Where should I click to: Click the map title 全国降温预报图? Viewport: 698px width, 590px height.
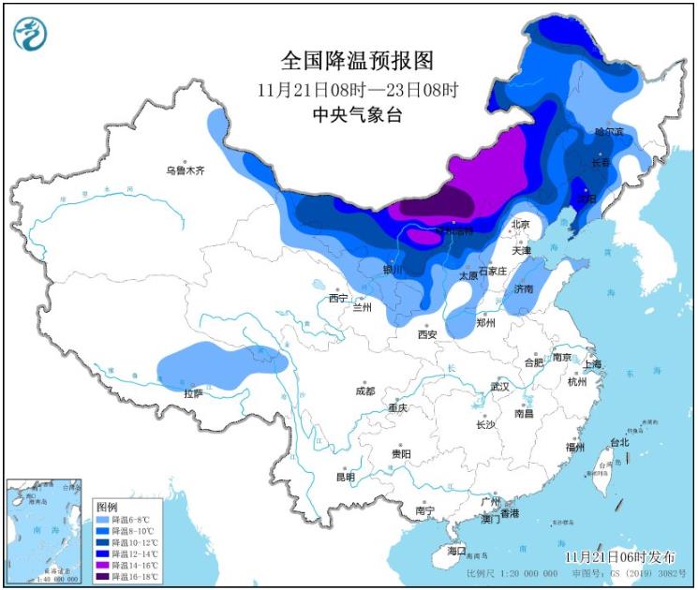tap(358, 62)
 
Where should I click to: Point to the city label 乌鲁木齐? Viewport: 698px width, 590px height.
tap(185, 171)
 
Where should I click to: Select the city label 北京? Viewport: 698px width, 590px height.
tap(520, 225)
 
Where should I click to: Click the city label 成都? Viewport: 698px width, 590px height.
tap(364, 391)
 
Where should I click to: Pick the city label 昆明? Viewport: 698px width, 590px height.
tap(346, 477)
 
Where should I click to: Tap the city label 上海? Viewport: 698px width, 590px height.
tap(592, 363)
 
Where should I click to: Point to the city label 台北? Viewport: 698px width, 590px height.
tap(619, 442)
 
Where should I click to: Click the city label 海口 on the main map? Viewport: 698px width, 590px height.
tap(456, 552)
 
